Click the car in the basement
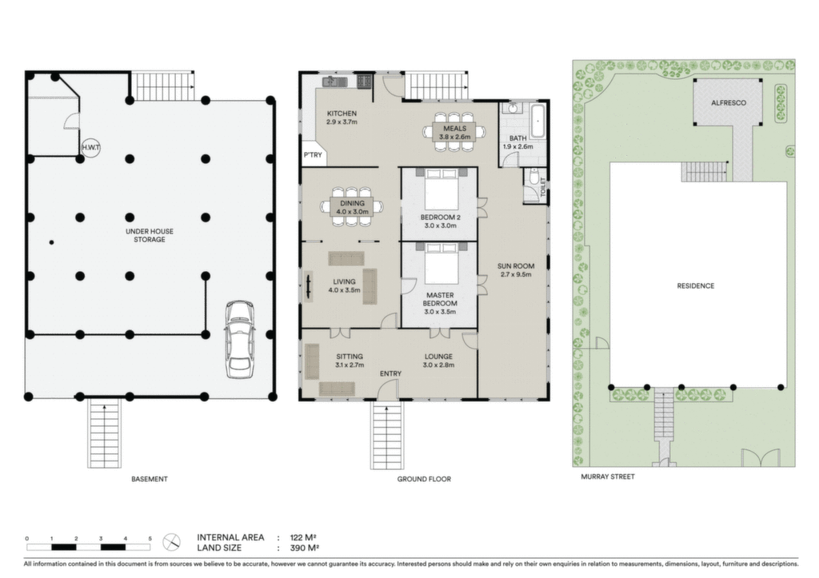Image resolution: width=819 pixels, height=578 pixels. (240, 338)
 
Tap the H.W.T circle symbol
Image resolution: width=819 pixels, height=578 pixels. (91, 148)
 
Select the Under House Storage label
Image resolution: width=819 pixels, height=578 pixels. (150, 236)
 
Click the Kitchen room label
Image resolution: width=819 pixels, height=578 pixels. (342, 114)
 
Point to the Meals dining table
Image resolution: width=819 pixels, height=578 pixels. (453, 132)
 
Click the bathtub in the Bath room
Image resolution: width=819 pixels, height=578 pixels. (538, 121)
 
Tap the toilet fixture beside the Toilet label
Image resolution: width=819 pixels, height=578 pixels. (532, 178)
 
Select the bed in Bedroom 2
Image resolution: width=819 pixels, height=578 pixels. (439, 188)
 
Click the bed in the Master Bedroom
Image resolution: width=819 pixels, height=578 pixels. (439, 263)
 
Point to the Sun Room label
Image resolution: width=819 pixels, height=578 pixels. (516, 265)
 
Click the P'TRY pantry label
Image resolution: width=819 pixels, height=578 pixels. (313, 155)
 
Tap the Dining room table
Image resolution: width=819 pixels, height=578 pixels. (352, 207)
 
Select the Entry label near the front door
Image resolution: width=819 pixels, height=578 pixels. (390, 373)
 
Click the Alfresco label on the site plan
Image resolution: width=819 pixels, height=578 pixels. (728, 103)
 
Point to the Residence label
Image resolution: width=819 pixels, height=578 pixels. (695, 285)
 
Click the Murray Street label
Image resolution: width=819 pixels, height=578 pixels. (608, 476)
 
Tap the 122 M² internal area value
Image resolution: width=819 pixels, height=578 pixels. (303, 537)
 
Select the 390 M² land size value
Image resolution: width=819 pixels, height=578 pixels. (305, 548)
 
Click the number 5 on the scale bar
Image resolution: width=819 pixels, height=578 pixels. (150, 538)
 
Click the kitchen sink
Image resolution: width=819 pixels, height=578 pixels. (335, 82)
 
